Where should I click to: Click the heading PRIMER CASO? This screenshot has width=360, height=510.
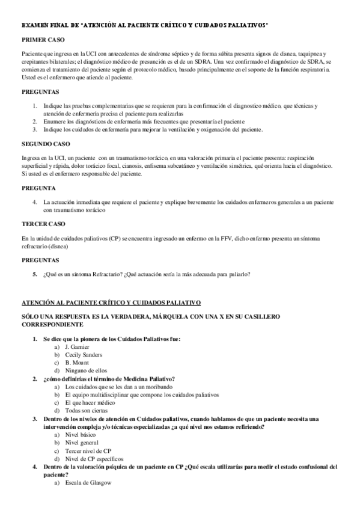(41, 39)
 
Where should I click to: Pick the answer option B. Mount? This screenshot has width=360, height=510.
(77, 363)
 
